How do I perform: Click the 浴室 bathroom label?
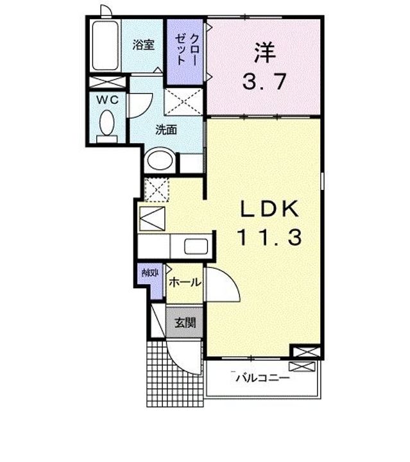click(x=143, y=45)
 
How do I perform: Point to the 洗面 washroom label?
click(x=166, y=130)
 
